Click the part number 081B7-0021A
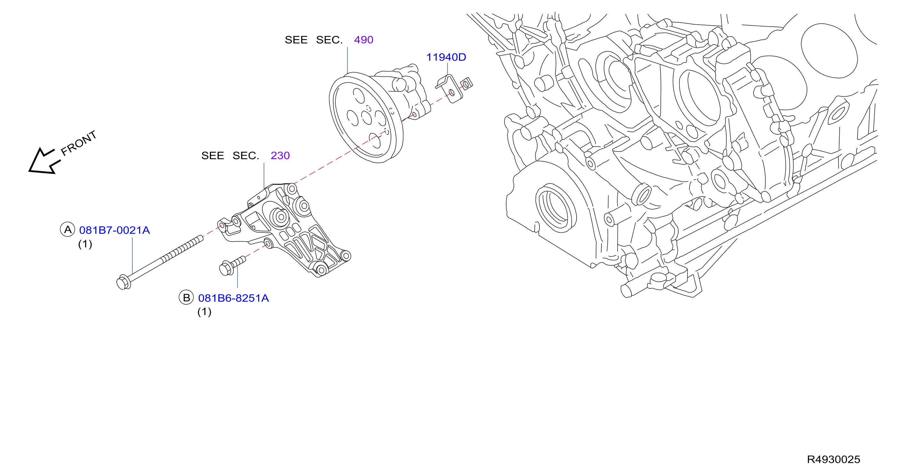tap(114, 230)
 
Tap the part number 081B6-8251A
tap(233, 298)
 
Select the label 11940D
tap(446, 57)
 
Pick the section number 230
tap(280, 156)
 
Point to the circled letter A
tap(68, 229)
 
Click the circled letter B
tap(186, 297)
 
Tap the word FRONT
tap(78, 143)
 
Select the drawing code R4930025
tap(833, 459)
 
